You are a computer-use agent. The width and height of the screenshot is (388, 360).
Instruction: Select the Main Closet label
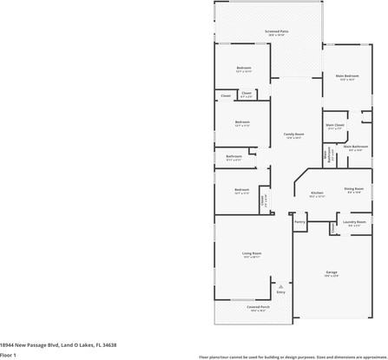pyautogui.click(x=335, y=125)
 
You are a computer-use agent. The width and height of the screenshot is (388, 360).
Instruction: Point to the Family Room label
pyautogui.click(x=293, y=134)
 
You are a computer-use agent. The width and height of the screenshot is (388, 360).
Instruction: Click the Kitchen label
pyautogui.click(x=317, y=193)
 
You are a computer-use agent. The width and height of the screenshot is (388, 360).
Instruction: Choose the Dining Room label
pyautogui.click(x=353, y=188)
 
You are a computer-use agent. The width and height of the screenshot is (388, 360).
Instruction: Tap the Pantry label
pyautogui.click(x=299, y=221)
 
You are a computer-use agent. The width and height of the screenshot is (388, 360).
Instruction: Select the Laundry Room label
pyautogui.click(x=354, y=221)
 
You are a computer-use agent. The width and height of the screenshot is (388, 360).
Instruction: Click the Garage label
pyautogui.click(x=332, y=272)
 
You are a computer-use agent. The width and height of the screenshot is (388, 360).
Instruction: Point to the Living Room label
pyautogui.click(x=252, y=253)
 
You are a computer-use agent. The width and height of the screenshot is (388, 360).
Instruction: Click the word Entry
pyautogui.click(x=280, y=292)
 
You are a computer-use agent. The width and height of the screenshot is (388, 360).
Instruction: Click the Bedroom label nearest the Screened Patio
pyautogui.click(x=244, y=68)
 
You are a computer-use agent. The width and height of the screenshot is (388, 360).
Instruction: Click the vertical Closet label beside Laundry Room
pyautogui.click(x=332, y=227)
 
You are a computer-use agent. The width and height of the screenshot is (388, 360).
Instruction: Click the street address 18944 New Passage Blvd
pyautogui.click(x=58, y=344)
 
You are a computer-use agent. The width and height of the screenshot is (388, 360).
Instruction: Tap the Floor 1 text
pyautogui.click(x=9, y=355)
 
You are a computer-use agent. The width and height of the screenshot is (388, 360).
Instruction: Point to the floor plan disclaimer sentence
pyautogui.click(x=293, y=357)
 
